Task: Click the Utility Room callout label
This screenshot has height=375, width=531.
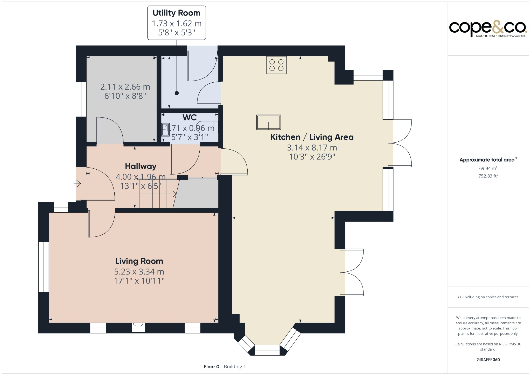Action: coord(177,13)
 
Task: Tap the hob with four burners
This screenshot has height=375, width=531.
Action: coord(276,65)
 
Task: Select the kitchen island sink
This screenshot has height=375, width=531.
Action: coord(268,122)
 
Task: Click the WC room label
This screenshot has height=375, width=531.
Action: coord(190,117)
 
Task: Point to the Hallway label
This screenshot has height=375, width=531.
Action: coord(141,166)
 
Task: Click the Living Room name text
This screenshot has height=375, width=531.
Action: coord(139,261)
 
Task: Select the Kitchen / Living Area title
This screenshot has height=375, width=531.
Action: coord(312,137)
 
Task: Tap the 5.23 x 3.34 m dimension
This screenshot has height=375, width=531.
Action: coord(139,272)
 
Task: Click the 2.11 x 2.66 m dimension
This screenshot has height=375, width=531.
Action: coord(125,87)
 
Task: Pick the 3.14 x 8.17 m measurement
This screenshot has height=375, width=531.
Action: coord(312,148)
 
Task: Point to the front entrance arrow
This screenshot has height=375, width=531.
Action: coord(77,184)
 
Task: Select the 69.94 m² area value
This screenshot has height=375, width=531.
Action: coord(488,168)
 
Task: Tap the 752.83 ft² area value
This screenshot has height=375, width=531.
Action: coord(488,176)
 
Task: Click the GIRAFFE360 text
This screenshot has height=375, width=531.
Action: coord(488,360)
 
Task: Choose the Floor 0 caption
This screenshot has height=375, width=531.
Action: coord(211,367)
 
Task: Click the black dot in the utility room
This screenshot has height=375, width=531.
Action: coord(177,93)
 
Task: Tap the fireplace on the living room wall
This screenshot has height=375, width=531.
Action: coord(138,327)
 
